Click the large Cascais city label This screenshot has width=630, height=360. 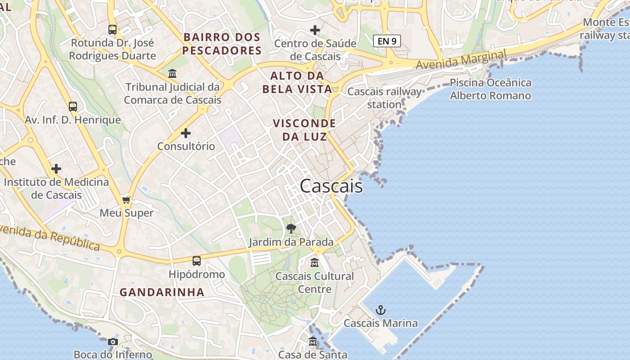click(331, 186)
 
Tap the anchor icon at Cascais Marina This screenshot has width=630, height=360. click(381, 310)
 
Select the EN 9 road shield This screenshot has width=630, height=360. click(387, 41)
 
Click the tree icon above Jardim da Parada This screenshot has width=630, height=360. click(291, 229)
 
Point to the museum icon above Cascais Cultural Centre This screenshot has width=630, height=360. click(315, 262)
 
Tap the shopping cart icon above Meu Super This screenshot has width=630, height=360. click(126, 199)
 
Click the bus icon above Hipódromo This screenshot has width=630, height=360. click(197, 261)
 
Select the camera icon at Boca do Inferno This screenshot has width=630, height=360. click(113, 342)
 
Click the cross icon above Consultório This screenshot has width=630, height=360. click(186, 133)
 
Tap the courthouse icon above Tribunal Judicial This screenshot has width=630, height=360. click(172, 73)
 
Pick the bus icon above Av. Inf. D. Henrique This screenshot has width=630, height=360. click(73, 107)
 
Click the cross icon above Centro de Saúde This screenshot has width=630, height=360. click(315, 30)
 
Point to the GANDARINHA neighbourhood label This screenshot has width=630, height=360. click(162, 292)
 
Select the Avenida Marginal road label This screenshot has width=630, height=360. click(461, 59)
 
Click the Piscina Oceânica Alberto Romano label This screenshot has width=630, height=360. click(490, 89)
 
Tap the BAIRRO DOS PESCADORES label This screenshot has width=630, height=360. click(222, 44)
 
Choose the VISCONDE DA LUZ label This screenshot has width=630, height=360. click(305, 130)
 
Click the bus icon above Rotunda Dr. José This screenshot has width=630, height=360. click(112, 30)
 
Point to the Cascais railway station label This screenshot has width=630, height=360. click(385, 98)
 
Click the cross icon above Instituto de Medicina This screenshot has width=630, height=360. click(56, 169)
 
